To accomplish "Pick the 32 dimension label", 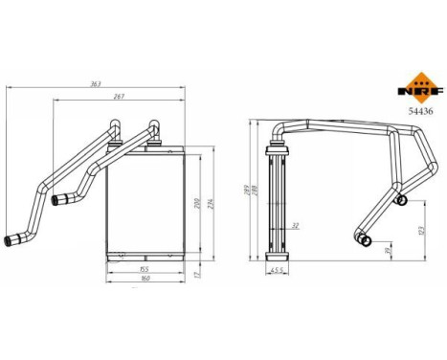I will coord(295,226).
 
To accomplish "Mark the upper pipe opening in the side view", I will coord(402,200).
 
